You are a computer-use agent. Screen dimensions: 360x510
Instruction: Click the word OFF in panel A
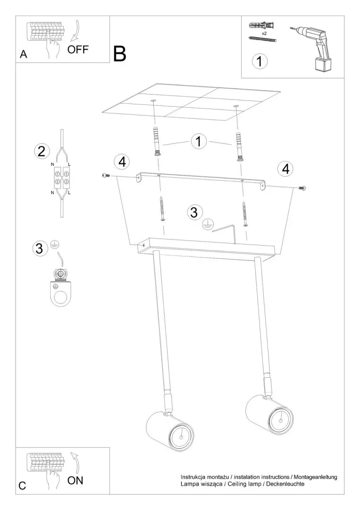[x=78, y=50]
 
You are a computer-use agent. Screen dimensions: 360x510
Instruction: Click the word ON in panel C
[x=75, y=480]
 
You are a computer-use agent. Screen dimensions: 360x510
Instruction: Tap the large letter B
[x=119, y=54]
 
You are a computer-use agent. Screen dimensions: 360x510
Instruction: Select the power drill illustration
[x=312, y=48]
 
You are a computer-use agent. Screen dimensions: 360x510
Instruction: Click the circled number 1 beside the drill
[x=260, y=61]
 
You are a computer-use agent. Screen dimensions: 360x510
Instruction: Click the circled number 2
[x=42, y=152]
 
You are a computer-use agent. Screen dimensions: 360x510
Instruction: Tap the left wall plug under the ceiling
[x=156, y=142]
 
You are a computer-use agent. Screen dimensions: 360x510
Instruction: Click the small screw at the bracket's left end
[x=105, y=176]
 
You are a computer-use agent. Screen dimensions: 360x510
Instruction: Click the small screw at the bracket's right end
[x=302, y=187]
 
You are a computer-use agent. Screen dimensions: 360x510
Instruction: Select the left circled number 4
[x=122, y=161]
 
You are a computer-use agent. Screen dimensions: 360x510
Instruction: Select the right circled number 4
[x=286, y=169]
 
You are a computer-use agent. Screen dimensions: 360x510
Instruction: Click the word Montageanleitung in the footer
[x=316, y=477]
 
